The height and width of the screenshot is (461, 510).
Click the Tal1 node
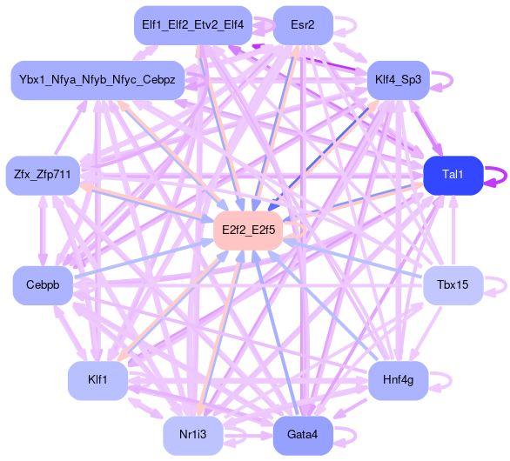(453, 176)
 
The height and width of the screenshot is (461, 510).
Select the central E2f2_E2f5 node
(248, 230)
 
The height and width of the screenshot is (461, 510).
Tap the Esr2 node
(303, 25)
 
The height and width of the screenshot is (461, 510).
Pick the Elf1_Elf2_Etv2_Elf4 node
(193, 25)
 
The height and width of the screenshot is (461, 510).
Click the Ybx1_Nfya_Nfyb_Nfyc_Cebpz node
(97, 80)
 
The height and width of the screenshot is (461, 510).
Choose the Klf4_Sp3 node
(398, 80)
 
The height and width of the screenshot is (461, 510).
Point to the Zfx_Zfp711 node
(43, 176)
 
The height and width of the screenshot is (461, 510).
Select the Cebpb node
(43, 285)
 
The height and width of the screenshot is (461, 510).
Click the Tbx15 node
(453, 285)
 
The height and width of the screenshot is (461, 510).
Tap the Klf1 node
(97, 381)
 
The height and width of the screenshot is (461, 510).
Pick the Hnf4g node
(398, 381)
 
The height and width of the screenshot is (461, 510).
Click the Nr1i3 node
(193, 436)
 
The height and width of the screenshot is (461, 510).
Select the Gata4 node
(303, 436)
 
